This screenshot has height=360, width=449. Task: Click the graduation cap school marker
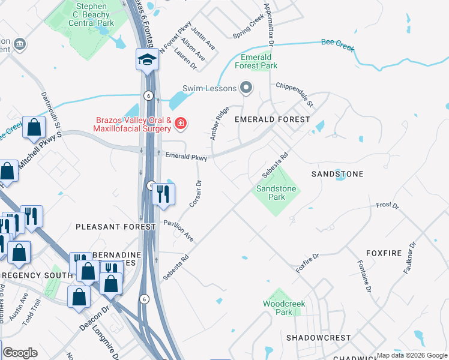(146, 60)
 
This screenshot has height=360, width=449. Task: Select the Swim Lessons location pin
(246, 88)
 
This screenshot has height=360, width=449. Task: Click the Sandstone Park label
(276, 193)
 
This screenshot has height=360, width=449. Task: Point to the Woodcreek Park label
(284, 308)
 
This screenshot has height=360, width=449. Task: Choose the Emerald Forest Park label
(256, 61)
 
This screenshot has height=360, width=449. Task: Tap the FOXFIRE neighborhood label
(383, 254)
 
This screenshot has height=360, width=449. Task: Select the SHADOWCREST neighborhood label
(318, 338)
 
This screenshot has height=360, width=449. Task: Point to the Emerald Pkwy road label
(186, 157)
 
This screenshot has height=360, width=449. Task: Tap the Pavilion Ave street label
(179, 230)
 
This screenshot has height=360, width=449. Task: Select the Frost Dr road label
(387, 206)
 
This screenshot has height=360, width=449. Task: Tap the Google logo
(20, 353)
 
